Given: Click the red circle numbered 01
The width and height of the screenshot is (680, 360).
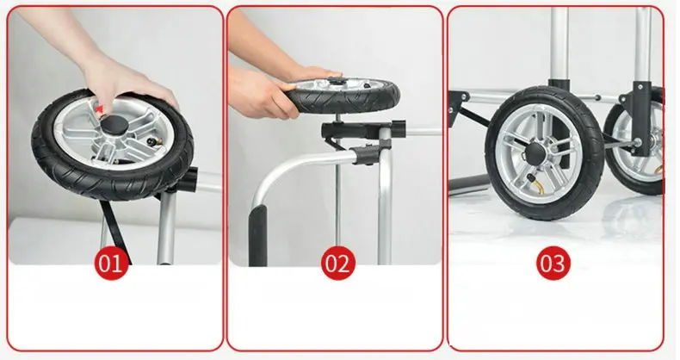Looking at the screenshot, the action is coord(111,263).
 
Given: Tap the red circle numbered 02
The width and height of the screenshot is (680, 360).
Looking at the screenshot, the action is coord(337,263).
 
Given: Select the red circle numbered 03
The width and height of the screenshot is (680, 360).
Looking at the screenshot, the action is coord(553,263).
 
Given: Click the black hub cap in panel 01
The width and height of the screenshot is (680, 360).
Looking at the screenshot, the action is coord(115,127).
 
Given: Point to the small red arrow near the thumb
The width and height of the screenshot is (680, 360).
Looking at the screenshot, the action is coord(100,109).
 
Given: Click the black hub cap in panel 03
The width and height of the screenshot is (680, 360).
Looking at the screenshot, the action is coord(536,153).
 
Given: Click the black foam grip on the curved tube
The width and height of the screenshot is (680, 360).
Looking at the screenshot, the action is coord(257,234).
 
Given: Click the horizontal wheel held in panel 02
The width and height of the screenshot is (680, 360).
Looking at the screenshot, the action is coord(343,95).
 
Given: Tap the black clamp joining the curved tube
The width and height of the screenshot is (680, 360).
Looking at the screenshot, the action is coord(367,154).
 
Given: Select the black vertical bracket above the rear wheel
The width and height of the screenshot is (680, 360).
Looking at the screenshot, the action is coord(642,118).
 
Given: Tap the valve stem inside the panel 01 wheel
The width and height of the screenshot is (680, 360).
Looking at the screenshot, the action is coord(153,141).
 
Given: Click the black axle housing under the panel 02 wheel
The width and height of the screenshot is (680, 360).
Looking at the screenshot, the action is coord(363,129).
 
